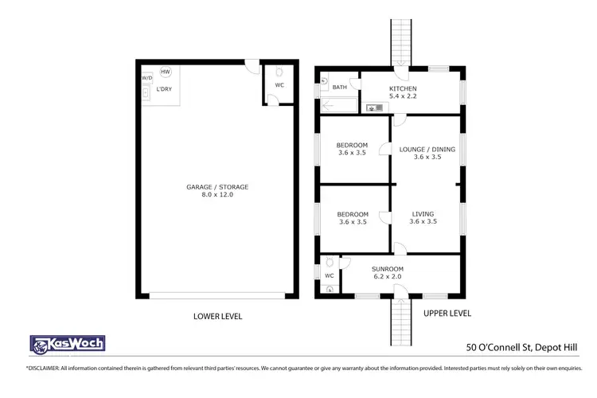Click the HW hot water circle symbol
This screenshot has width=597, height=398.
click(165, 72)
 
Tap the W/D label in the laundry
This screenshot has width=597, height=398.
click(146, 78)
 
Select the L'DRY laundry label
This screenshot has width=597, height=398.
click(165, 89)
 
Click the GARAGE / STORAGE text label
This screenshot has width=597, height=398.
click(217, 187)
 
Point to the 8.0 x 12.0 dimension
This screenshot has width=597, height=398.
click(217, 195)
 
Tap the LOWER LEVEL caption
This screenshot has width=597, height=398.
click(217, 316)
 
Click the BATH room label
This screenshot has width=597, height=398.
click(340, 88)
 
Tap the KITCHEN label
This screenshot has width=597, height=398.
click(402, 88)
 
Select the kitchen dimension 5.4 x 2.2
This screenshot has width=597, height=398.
click(402, 96)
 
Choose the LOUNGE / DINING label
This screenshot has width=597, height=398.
click(427, 149)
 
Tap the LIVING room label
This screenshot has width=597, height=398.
click(423, 214)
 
